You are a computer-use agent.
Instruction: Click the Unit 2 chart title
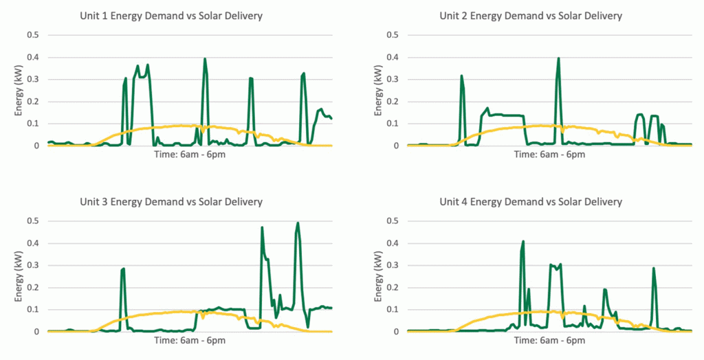click(x=531, y=16)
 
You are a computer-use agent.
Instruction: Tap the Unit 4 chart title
click(x=531, y=202)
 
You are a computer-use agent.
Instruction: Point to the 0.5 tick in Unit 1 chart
click(x=33, y=35)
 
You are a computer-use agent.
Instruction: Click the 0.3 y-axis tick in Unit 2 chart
click(x=393, y=80)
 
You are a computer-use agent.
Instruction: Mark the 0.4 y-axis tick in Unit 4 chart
click(x=393, y=243)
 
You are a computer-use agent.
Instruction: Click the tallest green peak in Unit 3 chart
click(x=298, y=223)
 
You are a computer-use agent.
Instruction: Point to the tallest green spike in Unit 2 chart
click(x=558, y=58)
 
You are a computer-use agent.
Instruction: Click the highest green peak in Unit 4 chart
click(x=523, y=242)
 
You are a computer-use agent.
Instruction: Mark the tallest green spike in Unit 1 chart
click(x=205, y=59)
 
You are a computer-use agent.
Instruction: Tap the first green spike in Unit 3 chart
click(x=123, y=269)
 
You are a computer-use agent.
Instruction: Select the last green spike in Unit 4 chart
click(x=654, y=269)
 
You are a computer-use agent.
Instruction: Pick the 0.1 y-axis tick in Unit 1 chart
click(x=33, y=124)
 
